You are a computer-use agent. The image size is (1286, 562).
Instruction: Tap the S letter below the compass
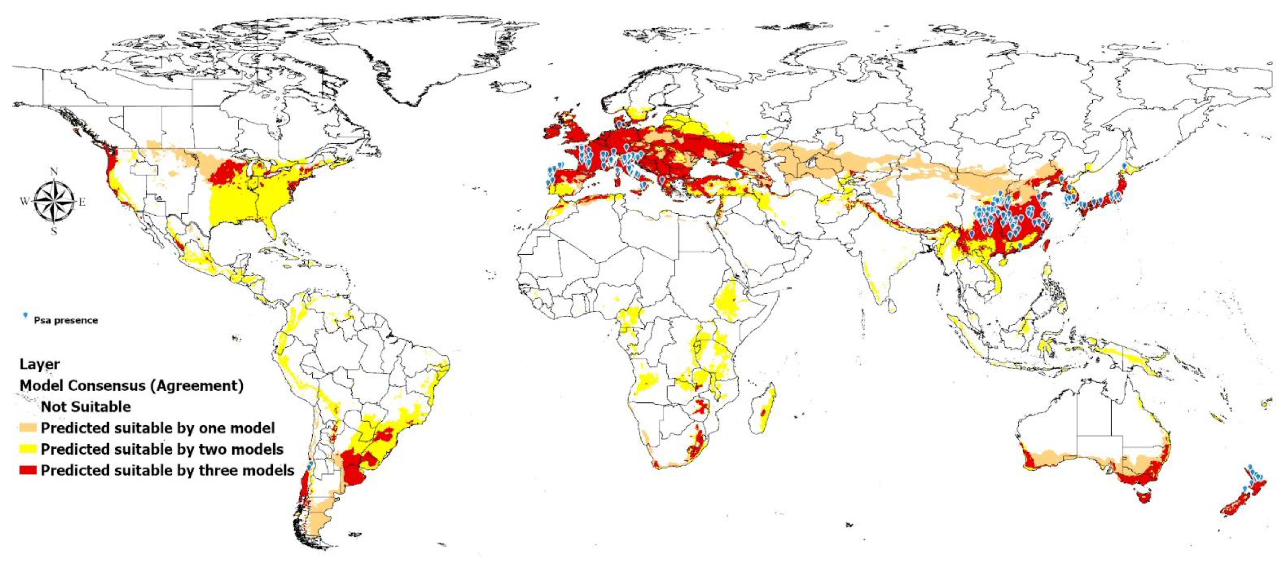click(54, 231)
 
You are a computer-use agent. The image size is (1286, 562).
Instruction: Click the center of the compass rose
click(54, 201)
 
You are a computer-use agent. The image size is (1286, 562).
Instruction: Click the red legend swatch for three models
click(28, 470)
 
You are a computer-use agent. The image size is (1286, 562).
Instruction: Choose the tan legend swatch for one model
click(28, 428)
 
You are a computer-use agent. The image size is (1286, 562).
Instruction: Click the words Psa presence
click(66, 320)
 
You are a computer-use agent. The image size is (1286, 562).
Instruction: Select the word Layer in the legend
click(39, 364)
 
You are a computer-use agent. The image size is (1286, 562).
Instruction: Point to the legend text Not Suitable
click(86, 407)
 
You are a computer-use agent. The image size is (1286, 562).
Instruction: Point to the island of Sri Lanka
click(892, 306)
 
